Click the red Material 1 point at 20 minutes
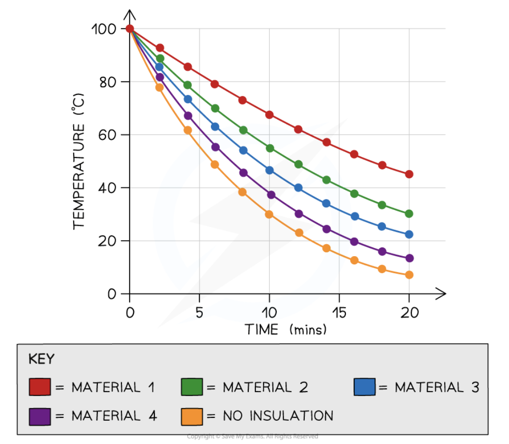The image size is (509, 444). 409,174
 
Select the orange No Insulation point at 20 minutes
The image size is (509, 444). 409,275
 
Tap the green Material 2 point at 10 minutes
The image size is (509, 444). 269,148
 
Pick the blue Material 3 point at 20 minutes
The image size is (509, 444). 409,234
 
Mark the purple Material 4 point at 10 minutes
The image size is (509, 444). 271,195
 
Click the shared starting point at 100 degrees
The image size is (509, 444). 130,29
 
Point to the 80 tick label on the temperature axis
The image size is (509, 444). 106,82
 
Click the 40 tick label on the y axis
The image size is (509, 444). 106,188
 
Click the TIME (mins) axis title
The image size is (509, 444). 285,330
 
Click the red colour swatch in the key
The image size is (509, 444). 40,387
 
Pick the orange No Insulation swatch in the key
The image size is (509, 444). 192,416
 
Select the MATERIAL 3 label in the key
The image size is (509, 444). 436,387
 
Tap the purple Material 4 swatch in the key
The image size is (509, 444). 40,416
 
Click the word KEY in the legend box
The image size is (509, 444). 42,359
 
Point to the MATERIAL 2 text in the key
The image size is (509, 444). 265,387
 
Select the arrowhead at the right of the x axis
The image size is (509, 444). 441,293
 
